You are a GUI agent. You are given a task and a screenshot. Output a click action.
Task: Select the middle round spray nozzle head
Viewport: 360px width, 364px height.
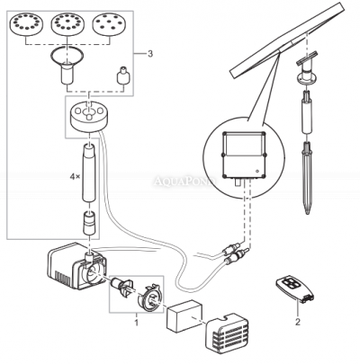[72, 22]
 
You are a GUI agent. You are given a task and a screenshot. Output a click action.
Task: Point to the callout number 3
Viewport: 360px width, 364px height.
[150, 55]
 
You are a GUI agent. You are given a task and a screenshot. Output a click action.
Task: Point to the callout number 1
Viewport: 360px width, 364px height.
[136, 319]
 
